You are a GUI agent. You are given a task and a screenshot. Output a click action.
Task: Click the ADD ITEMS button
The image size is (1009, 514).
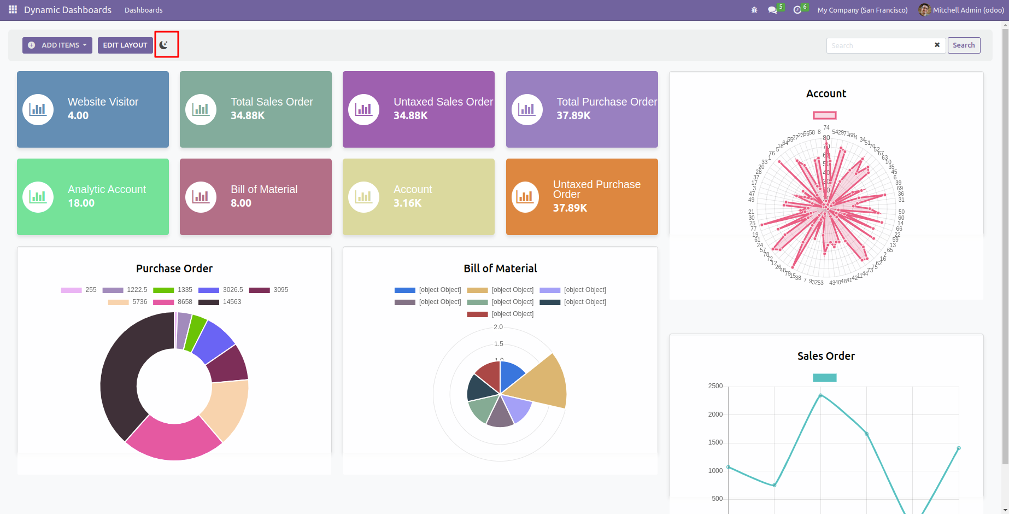click(57, 45)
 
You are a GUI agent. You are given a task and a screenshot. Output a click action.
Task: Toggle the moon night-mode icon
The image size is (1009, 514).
click(163, 45)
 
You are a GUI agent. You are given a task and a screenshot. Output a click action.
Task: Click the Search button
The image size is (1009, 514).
click(963, 45)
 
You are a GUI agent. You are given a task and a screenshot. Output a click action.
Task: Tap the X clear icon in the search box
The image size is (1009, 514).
click(937, 45)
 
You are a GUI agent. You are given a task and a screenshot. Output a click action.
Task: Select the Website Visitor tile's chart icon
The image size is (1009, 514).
click(38, 109)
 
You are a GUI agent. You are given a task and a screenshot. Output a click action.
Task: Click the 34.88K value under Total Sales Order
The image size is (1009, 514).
click(248, 115)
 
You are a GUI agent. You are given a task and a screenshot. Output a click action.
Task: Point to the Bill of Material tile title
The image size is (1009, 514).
click(264, 189)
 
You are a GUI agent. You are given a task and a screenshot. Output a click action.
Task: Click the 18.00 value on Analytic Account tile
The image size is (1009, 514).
click(81, 203)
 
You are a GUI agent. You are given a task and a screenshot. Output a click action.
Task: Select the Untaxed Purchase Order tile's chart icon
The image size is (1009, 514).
click(525, 197)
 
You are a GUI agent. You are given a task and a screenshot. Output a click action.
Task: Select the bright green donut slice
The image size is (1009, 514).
click(195, 332)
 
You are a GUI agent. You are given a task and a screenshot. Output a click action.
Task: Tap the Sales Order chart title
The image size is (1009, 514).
click(826, 356)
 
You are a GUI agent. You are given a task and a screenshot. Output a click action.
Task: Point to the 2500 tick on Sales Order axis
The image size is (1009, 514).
click(715, 386)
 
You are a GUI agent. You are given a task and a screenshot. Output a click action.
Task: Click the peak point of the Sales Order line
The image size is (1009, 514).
click(820, 395)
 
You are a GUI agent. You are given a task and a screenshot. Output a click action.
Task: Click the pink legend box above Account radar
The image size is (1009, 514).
click(824, 115)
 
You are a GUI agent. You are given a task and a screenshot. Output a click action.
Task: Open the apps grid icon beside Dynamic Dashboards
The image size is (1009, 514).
click(13, 10)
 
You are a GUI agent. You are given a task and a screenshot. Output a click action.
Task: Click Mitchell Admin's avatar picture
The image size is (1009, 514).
click(924, 10)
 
